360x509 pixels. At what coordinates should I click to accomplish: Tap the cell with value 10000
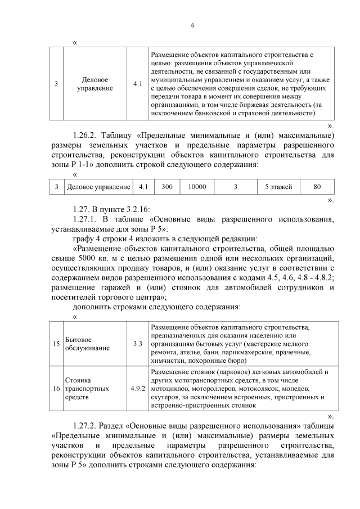click(x=197, y=186)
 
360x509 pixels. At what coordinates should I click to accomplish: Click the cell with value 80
click(x=317, y=186)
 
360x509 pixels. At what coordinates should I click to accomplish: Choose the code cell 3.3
click(x=137, y=343)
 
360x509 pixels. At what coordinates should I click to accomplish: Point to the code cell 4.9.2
click(x=137, y=388)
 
